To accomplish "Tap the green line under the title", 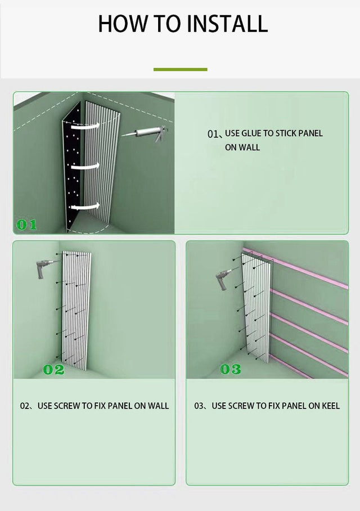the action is [180, 69].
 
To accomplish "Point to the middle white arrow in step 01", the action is [85, 167].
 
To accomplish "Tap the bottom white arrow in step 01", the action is [85, 207].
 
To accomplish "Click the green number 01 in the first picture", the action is [26, 225].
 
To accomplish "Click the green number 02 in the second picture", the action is [54, 370].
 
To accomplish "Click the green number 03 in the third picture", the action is [230, 369].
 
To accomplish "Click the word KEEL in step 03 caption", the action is [331, 406].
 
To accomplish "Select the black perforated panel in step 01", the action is [73, 166].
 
